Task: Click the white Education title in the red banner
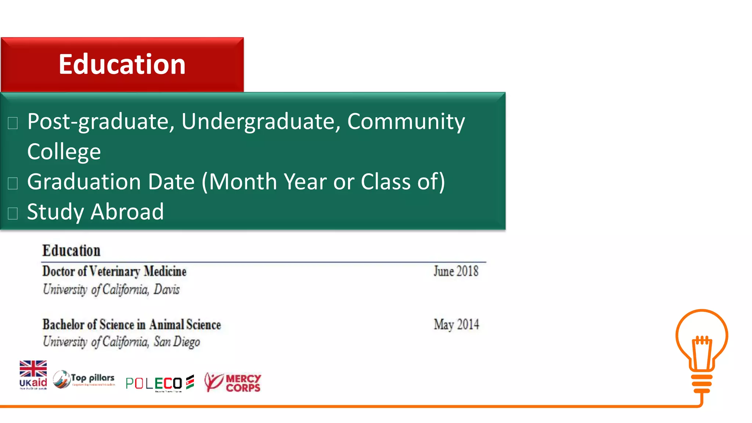click(x=122, y=64)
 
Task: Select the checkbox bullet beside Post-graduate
click(x=13, y=123)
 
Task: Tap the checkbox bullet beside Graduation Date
click(x=13, y=183)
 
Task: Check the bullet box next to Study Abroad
click(x=13, y=213)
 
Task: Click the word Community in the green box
click(x=406, y=122)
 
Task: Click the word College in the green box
click(x=64, y=152)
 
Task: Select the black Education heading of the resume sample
click(x=71, y=251)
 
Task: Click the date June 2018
click(x=456, y=271)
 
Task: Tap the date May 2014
click(x=456, y=325)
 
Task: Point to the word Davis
click(x=167, y=290)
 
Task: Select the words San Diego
click(x=177, y=342)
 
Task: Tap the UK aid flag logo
click(x=33, y=375)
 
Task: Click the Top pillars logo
click(x=84, y=379)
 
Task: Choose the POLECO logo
click(x=159, y=383)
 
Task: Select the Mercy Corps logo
click(x=232, y=382)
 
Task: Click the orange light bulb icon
click(x=702, y=349)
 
